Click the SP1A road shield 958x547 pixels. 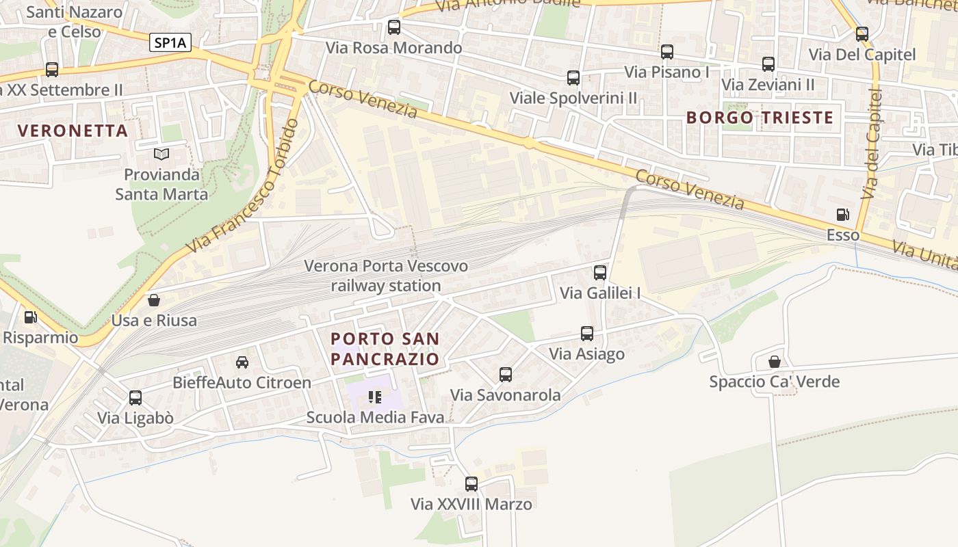point(170,42)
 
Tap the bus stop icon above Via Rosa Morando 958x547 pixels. point(394,27)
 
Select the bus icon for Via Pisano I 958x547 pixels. point(667,51)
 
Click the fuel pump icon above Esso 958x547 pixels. point(843,215)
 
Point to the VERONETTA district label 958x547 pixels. point(73,131)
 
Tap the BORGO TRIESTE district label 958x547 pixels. point(760,118)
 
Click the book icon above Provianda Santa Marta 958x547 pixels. point(161,155)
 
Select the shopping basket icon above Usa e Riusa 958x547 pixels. point(154,300)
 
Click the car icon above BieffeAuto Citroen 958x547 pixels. point(242,362)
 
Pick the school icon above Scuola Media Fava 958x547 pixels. point(374,397)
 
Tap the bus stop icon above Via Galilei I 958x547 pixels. point(600,273)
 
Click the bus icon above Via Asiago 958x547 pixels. point(587,334)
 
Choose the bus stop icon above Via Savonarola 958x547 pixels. point(506,375)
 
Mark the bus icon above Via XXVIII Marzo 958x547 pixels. point(471,484)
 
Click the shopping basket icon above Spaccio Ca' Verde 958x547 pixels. point(775,361)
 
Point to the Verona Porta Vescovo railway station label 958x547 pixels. point(386,276)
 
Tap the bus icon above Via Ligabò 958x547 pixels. point(135,398)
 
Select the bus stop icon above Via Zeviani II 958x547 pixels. point(768,64)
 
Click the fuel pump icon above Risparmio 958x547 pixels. point(30,317)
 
